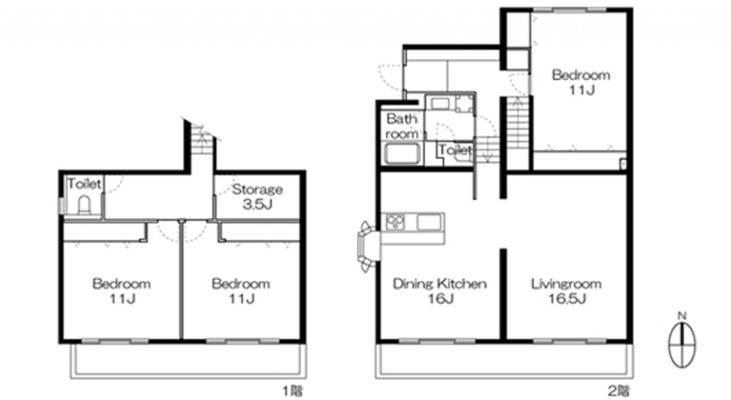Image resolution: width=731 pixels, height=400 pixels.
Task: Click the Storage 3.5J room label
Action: click(x=257, y=196)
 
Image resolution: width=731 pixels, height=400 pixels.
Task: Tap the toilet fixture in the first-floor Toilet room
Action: click(x=84, y=205)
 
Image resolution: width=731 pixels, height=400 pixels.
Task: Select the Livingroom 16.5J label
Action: click(x=566, y=291)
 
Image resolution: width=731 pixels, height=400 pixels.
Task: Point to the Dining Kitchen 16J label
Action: click(x=440, y=291)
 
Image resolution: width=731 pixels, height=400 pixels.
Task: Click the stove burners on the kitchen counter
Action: click(x=395, y=221)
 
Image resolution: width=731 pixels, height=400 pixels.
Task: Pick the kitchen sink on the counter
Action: click(x=429, y=222)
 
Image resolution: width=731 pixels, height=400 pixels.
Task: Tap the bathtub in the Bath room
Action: click(x=403, y=154)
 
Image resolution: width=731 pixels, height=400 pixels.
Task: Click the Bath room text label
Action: click(x=402, y=126)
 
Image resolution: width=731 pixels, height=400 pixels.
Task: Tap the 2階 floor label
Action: click(x=620, y=390)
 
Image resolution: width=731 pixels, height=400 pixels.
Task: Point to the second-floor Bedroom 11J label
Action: click(x=581, y=81)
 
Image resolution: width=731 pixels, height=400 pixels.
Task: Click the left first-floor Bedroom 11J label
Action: click(x=121, y=291)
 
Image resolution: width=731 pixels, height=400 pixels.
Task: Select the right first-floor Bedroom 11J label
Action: click(x=241, y=291)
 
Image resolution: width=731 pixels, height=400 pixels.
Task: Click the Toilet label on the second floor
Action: click(x=455, y=150)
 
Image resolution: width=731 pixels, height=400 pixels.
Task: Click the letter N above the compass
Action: click(x=682, y=316)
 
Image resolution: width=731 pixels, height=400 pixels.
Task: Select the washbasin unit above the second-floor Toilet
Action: click(x=451, y=104)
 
